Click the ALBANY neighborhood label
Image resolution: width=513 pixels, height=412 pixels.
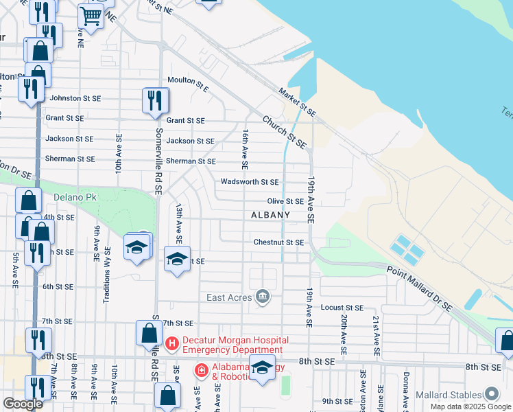pyautogui.click(x=270, y=215)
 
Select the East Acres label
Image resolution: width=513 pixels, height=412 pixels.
pyautogui.click(x=230, y=297)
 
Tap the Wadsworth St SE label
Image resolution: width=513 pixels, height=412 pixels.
pyautogui.click(x=250, y=182)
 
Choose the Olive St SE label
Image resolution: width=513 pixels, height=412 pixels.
pyautogui.click(x=285, y=201)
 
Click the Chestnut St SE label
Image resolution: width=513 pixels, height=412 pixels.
pyautogui.click(x=278, y=242)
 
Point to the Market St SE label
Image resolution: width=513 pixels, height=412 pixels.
pyautogui.click(x=297, y=102)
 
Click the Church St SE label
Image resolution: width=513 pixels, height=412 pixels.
pyautogui.click(x=284, y=131)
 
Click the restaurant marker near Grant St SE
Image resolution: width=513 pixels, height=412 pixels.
pyautogui.click(x=156, y=100)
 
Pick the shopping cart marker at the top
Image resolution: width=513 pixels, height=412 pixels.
pyautogui.click(x=91, y=16)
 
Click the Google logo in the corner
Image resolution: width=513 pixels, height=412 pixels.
pyautogui.click(x=23, y=404)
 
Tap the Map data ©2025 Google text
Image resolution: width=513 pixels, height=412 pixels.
pyautogui.click(x=470, y=407)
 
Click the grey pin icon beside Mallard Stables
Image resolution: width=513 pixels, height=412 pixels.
pyautogui.click(x=491, y=394)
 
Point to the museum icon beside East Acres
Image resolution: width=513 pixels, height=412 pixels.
pyautogui.click(x=262, y=297)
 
